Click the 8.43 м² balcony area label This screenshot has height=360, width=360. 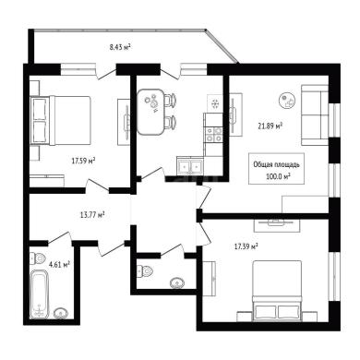tap(120, 47)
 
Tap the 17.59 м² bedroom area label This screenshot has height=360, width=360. tap(83, 161)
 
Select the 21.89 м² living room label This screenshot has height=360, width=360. tap(270, 126)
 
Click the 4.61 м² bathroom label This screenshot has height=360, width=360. tap(59, 264)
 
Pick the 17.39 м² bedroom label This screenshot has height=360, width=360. tap(246, 246)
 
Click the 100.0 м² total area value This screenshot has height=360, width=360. tap(278, 176)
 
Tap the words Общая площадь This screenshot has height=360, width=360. tap(276, 164)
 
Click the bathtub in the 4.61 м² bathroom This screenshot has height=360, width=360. tap(40, 294)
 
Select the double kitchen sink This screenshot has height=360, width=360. tap(190, 165)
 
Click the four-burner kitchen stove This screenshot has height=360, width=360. tap(214, 135)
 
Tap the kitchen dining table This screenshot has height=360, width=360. tap(150, 112)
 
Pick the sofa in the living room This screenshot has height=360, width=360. tap(315, 115)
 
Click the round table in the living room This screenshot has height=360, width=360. tap(287, 101)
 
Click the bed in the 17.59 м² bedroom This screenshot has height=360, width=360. tap(61, 120)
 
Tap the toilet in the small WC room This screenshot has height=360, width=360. tap(144, 270)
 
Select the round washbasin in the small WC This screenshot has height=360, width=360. tap(177, 282)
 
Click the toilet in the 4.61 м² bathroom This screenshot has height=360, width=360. tap(38, 258)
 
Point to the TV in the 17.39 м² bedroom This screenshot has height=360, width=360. tap(276, 222)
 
